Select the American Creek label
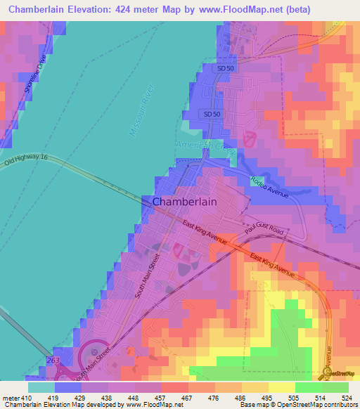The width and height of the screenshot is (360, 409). point(206,146)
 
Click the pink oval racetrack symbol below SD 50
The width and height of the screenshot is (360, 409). point(250,138)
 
